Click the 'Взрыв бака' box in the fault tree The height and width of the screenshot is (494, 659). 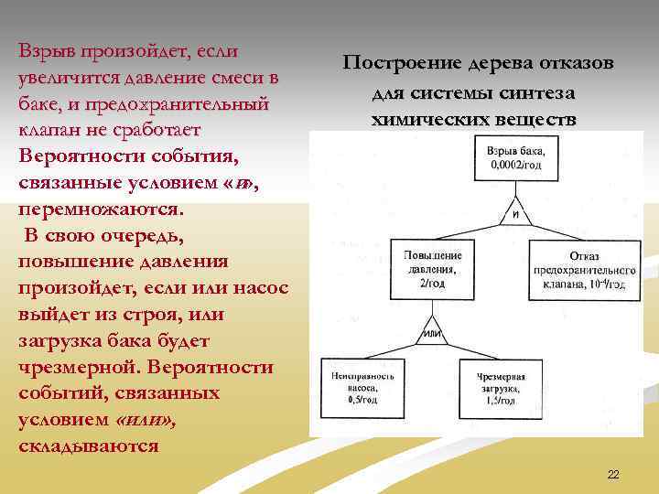(x=515, y=158)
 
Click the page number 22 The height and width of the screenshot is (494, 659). (x=613, y=474)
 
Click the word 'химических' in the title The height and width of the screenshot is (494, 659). (x=424, y=120)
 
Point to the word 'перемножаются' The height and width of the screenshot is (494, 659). (x=101, y=209)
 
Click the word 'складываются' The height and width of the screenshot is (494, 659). (x=88, y=446)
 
